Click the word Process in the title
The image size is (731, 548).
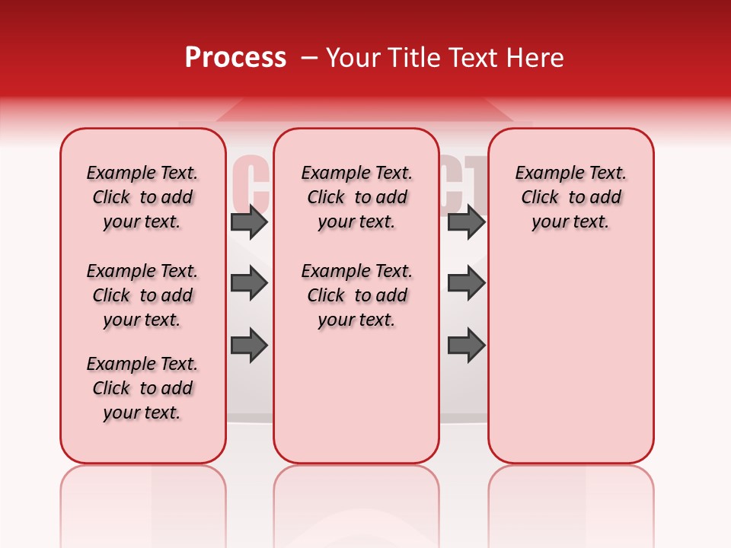(x=235, y=58)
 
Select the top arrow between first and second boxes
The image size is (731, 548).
(x=249, y=222)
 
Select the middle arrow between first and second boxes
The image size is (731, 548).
(x=249, y=284)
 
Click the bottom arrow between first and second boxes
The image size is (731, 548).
(x=249, y=346)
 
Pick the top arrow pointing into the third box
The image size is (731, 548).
(x=466, y=222)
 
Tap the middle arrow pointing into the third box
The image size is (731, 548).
(x=466, y=284)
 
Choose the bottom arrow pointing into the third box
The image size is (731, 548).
(x=466, y=346)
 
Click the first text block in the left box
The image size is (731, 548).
(x=142, y=197)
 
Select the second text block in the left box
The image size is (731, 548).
(x=142, y=295)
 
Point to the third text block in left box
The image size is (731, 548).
(x=142, y=388)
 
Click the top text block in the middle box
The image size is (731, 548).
(x=356, y=197)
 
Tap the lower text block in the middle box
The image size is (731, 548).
(x=356, y=295)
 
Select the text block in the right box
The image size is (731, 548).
(x=570, y=197)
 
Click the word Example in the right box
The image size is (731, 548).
(x=544, y=174)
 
